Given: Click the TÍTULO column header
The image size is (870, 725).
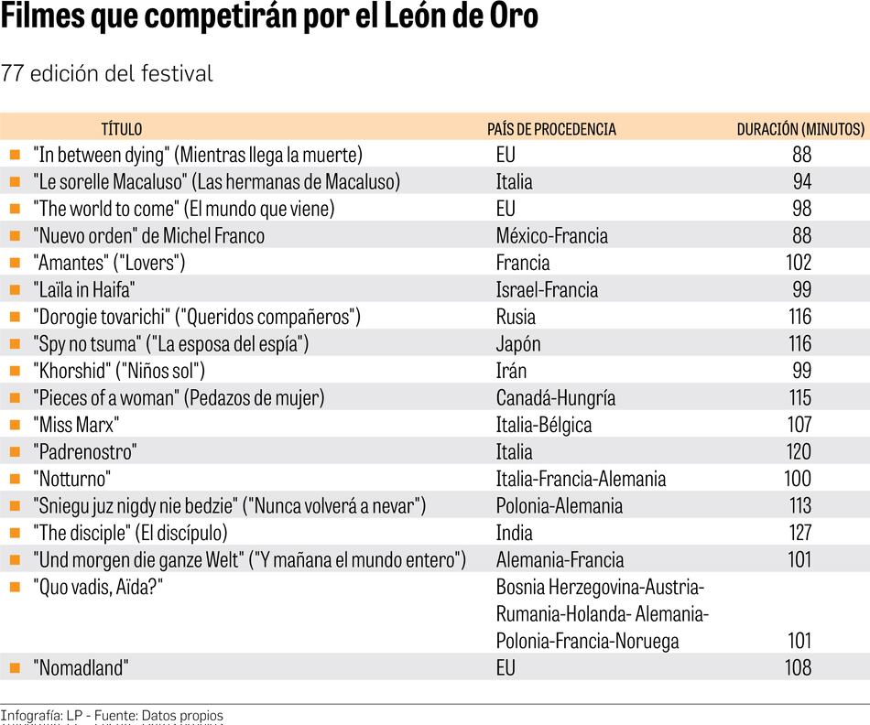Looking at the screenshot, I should [121, 129].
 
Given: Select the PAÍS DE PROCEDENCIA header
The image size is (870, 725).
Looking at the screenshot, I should [551, 129].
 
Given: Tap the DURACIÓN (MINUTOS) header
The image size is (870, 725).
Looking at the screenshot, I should [800, 129].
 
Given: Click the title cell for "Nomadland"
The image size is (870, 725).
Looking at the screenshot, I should [81, 667].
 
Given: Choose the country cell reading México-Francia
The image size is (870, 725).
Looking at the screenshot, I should [551, 235].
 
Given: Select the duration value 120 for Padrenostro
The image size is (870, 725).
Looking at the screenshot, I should [798, 451].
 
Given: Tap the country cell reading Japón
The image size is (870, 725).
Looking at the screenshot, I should [518, 343].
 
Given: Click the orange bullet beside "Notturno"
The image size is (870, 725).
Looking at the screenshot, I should [15, 478].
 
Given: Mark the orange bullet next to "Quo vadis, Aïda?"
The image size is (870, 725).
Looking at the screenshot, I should [15, 586].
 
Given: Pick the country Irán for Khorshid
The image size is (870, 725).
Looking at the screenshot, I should [511, 371].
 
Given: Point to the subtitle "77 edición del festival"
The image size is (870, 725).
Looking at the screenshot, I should [107, 73].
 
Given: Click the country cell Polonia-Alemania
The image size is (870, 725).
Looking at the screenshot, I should [559, 505].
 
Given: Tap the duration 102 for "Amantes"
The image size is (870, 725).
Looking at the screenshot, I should [798, 263].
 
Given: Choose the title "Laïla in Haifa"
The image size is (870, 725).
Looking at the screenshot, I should [84, 289].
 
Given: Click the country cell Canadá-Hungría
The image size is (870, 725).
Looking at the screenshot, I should [555, 397].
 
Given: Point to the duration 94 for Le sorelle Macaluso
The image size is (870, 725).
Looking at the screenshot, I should [801, 181].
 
